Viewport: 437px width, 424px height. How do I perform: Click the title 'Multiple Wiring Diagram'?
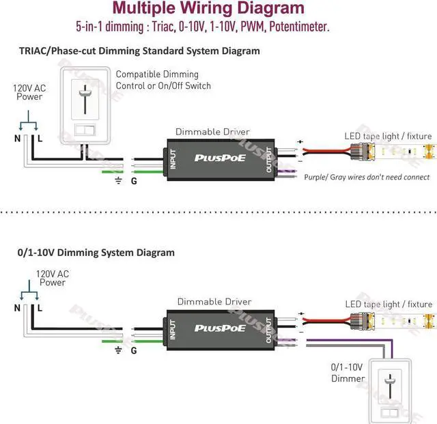point(208,9)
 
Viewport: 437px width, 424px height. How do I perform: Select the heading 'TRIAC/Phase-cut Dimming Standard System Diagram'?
point(139,51)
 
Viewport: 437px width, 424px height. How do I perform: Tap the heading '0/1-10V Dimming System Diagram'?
point(96,252)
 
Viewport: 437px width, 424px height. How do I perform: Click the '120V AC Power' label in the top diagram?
point(29,92)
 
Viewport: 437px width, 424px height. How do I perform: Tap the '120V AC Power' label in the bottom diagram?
point(52,278)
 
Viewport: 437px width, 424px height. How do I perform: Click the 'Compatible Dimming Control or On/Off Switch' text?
point(163,80)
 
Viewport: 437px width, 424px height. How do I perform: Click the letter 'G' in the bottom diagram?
point(134,351)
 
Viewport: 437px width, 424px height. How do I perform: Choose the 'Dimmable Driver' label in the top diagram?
point(212,131)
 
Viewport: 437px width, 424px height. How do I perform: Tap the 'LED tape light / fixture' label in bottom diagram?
point(389,304)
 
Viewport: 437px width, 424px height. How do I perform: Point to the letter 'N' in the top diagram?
point(18,138)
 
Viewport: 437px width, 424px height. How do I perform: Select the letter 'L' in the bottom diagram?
point(40,308)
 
